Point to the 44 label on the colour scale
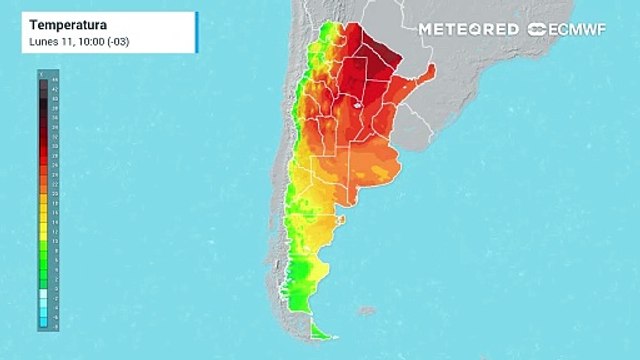point(41,84)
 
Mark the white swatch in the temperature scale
point(41,288)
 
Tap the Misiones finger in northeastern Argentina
point(428,73)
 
